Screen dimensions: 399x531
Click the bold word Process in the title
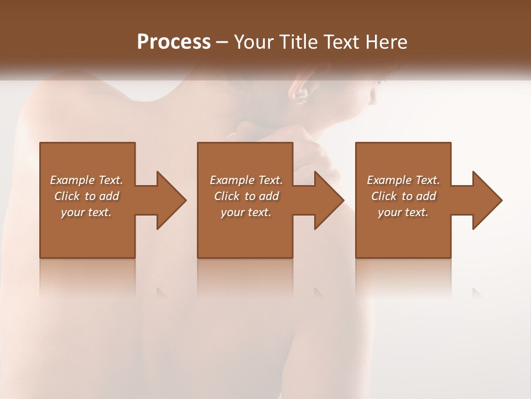coord(174,42)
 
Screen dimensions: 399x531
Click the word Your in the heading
coord(254,42)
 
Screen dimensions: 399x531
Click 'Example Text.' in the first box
coord(86,180)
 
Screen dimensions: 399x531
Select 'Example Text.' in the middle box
coord(246,180)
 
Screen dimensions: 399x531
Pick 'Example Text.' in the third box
coord(403,180)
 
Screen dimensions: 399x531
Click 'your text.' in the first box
coord(86,212)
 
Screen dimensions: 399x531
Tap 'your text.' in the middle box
coord(246,212)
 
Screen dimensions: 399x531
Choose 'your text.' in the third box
coord(403,212)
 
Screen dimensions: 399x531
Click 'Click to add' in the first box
coord(86,196)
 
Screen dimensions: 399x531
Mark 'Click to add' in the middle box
coord(246,196)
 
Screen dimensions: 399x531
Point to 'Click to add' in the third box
coord(403,196)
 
